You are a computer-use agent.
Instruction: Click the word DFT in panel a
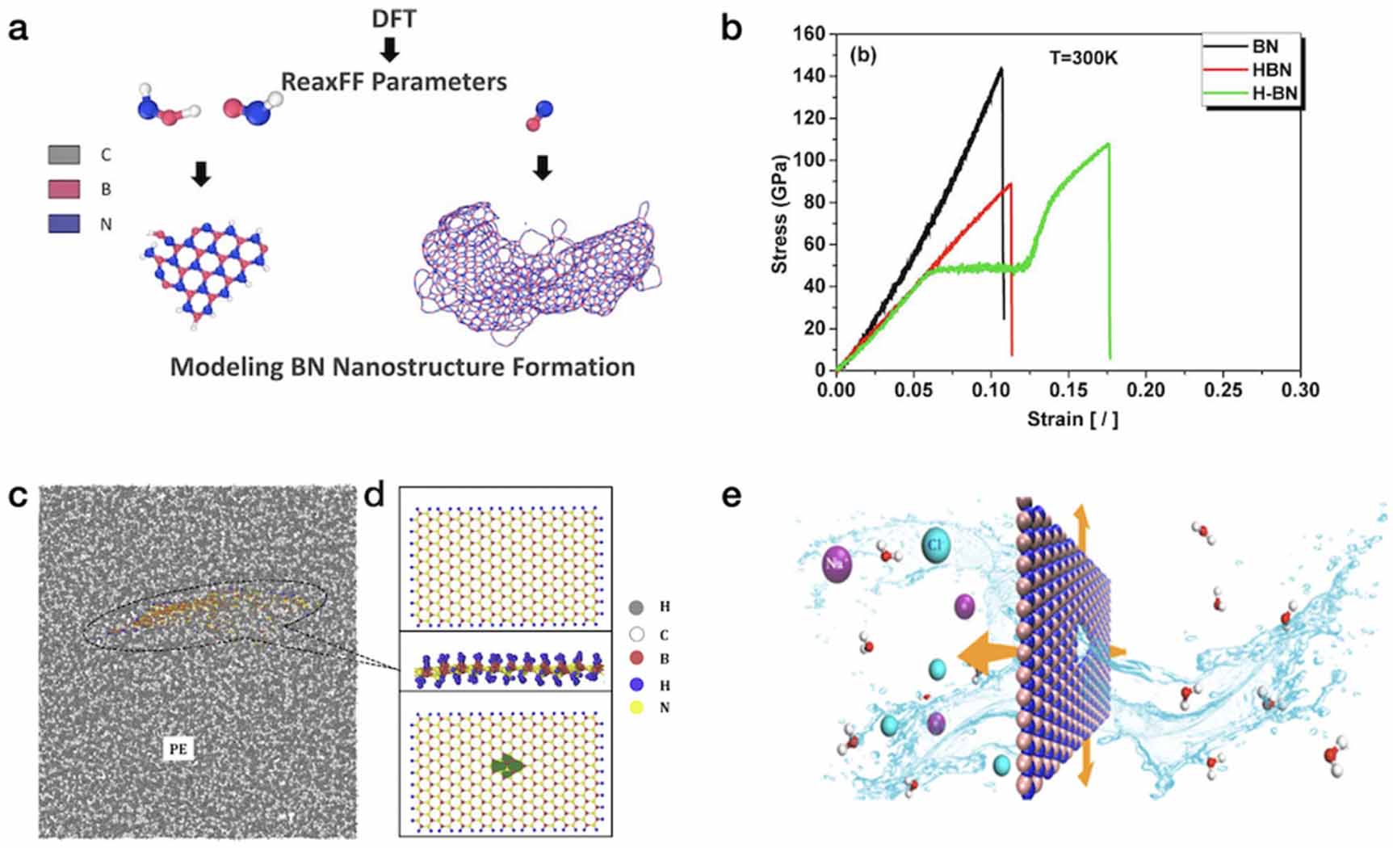click(x=394, y=18)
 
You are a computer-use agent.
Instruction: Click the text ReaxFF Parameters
click(x=394, y=82)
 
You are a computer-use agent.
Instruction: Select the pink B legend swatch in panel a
click(x=64, y=189)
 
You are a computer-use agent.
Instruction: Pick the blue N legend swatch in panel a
click(x=64, y=224)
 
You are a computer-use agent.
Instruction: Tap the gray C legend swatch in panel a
click(x=64, y=154)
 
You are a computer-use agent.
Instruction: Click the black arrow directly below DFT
click(x=390, y=50)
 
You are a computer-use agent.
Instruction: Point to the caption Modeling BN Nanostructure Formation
click(x=402, y=367)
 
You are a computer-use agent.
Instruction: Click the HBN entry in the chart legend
click(x=1271, y=70)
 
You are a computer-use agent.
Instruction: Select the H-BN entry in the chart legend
click(x=1274, y=94)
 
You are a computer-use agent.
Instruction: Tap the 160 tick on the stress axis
click(x=809, y=34)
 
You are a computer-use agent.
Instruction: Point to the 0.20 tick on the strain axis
click(x=1145, y=390)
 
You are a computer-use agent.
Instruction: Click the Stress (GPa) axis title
click(x=779, y=213)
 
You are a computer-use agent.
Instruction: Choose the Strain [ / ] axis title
click(x=1072, y=419)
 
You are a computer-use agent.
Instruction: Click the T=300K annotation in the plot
click(x=1083, y=58)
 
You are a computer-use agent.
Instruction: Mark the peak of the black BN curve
click(x=1001, y=69)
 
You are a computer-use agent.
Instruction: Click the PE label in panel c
click(x=178, y=749)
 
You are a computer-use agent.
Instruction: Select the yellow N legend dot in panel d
click(x=636, y=708)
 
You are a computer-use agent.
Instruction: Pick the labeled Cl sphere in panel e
click(x=935, y=545)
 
